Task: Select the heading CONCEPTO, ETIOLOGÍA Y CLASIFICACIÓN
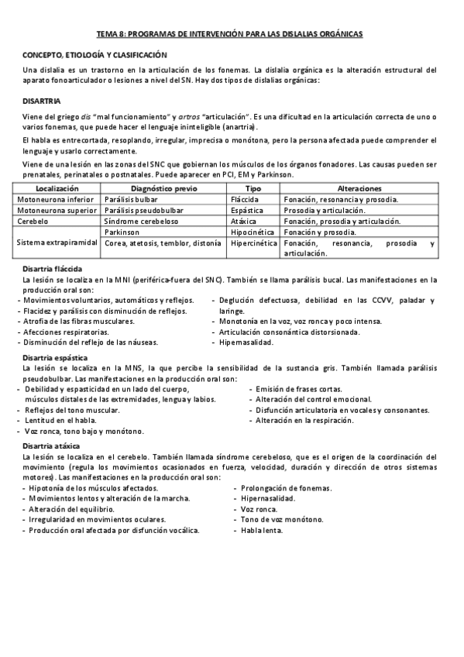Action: point(94,55)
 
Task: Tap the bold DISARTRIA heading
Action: point(42,101)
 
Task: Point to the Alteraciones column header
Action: point(359,188)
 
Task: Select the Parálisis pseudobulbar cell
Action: point(142,210)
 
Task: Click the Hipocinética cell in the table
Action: point(254,232)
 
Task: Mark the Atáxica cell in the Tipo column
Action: point(246,221)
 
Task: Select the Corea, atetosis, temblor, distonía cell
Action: point(163,243)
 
